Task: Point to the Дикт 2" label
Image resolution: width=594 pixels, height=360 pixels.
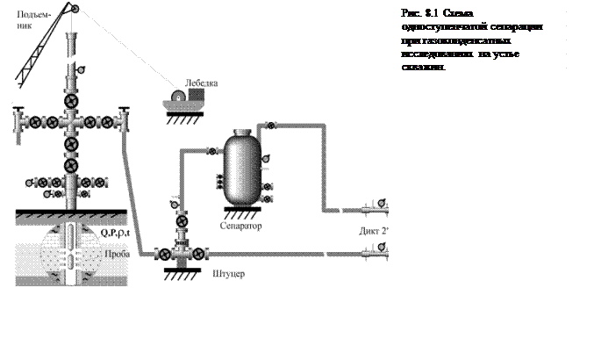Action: pyautogui.click(x=373, y=232)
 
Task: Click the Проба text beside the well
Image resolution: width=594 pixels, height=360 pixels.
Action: pyautogui.click(x=117, y=254)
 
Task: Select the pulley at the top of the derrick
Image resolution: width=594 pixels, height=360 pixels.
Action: pyautogui.click(x=74, y=11)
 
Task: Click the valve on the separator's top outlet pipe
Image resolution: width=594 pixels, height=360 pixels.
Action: pyautogui.click(x=270, y=126)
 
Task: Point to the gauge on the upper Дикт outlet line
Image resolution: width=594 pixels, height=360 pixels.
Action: pyautogui.click(x=383, y=205)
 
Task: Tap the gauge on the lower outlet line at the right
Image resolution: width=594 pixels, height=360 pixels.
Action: pyautogui.click(x=383, y=248)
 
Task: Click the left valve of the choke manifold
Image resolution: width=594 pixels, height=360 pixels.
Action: pyautogui.click(x=163, y=255)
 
